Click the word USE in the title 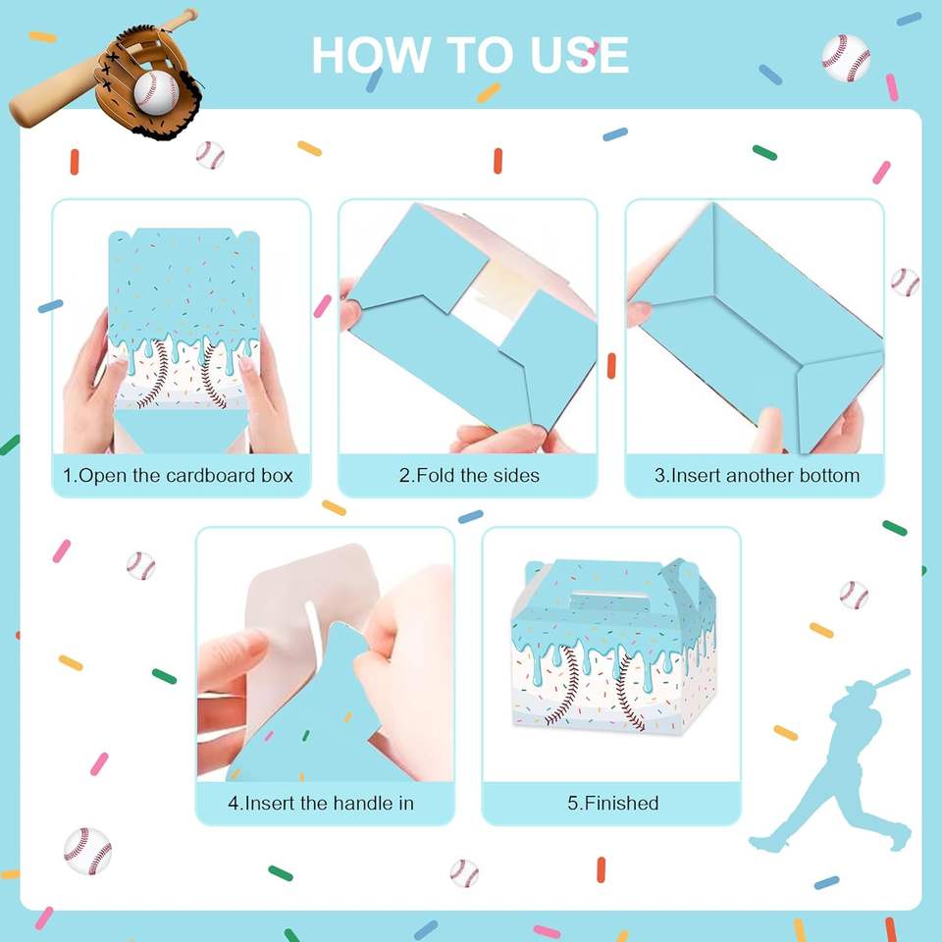(x=580, y=55)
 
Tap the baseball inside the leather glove (x=156, y=92)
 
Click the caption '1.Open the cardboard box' (x=178, y=476)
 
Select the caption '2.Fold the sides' (x=469, y=476)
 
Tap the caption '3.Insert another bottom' (x=757, y=476)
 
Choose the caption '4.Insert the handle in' (x=321, y=804)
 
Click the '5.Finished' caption (x=612, y=804)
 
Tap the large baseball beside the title (x=846, y=58)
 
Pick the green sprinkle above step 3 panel (x=764, y=153)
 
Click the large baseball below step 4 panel (x=87, y=852)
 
